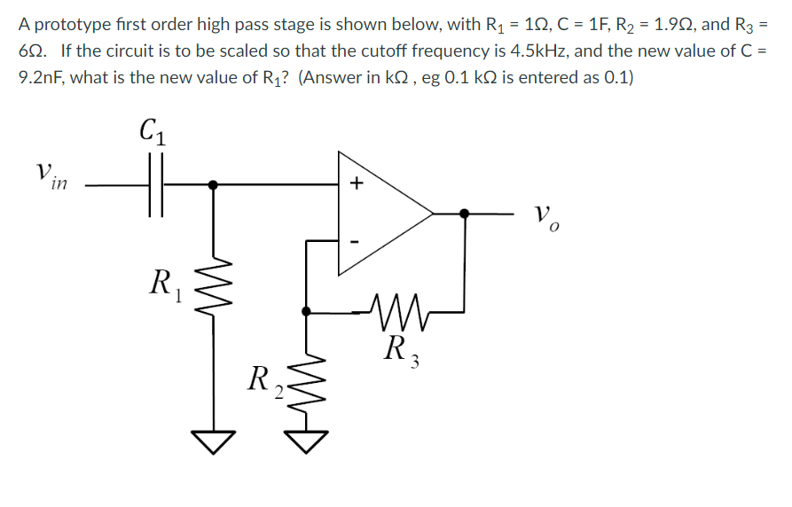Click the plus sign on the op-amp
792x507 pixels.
[357, 184]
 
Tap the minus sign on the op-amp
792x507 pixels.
[357, 240]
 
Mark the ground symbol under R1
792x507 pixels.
[213, 438]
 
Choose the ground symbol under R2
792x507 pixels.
[306, 438]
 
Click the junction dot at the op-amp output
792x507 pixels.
[466, 213]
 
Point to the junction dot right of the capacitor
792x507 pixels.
[213, 185]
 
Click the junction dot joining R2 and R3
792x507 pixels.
[306, 312]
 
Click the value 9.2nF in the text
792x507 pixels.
[43, 77]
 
